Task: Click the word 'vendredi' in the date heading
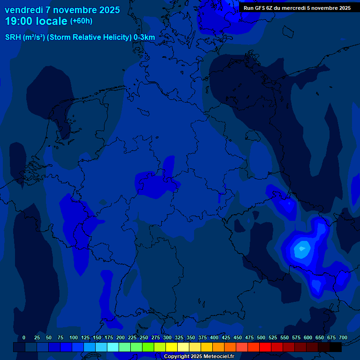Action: (x=23, y=10)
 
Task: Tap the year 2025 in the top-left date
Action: (x=107, y=10)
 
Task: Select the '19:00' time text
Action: (x=20, y=21)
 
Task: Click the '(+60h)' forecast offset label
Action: (x=81, y=21)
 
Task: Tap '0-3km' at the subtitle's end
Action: (x=144, y=37)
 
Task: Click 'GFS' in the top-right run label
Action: (x=260, y=8)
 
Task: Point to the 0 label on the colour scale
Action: (x=24, y=338)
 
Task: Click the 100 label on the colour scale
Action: (x=74, y=338)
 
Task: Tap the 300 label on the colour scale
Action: (x=167, y=338)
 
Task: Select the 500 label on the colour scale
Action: (x=261, y=338)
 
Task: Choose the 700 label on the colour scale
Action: (x=343, y=338)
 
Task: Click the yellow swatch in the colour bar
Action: (x=172, y=347)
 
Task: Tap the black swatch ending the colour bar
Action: (x=336, y=347)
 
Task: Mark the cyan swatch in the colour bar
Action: (x=113, y=347)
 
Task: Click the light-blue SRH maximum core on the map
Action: (x=301, y=249)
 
